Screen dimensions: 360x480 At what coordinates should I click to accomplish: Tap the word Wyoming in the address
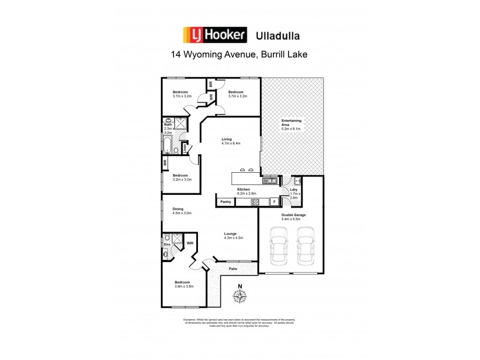click(x=208, y=54)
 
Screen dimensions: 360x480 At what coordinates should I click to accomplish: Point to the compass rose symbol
click(x=240, y=295)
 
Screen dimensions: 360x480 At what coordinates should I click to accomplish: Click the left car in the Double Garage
click(x=279, y=247)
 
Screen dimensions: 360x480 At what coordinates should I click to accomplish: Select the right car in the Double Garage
click(x=305, y=247)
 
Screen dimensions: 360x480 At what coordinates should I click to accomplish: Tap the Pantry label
click(x=226, y=202)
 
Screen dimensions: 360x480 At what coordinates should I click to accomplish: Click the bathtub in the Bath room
click(x=167, y=146)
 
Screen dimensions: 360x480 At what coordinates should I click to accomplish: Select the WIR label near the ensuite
click(x=190, y=243)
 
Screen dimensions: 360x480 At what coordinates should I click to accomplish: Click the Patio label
click(x=233, y=269)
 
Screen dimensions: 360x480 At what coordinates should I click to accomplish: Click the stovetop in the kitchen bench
click(x=254, y=202)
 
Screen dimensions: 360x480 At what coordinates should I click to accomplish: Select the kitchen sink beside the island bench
click(x=271, y=180)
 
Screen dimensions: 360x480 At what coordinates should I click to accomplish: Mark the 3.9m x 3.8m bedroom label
click(x=182, y=286)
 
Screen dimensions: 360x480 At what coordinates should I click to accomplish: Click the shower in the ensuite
click(x=177, y=238)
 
